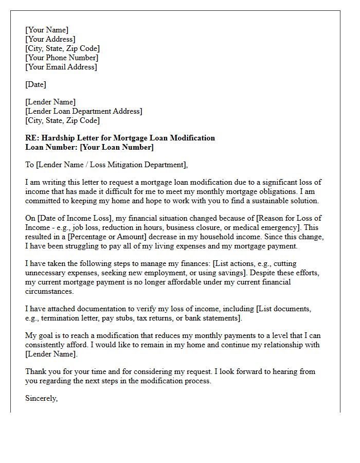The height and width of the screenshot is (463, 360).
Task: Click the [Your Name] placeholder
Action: tap(47, 30)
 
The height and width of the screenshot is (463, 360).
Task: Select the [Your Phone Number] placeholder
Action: tap(61, 58)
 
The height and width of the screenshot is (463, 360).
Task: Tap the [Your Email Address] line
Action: tap(61, 67)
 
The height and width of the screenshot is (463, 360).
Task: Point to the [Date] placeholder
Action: tap(35, 84)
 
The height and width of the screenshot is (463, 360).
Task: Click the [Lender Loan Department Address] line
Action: tap(84, 111)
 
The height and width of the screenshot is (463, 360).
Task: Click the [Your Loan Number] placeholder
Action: tap(117, 147)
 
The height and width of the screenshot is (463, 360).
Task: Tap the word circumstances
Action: tap(49, 291)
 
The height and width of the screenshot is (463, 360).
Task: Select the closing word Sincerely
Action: tap(41, 398)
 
